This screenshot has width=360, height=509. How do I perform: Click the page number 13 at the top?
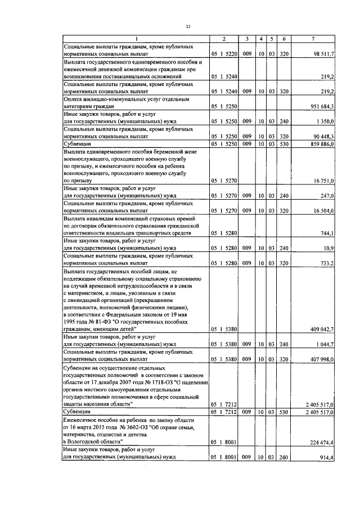pyautogui.click(x=188, y=26)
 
